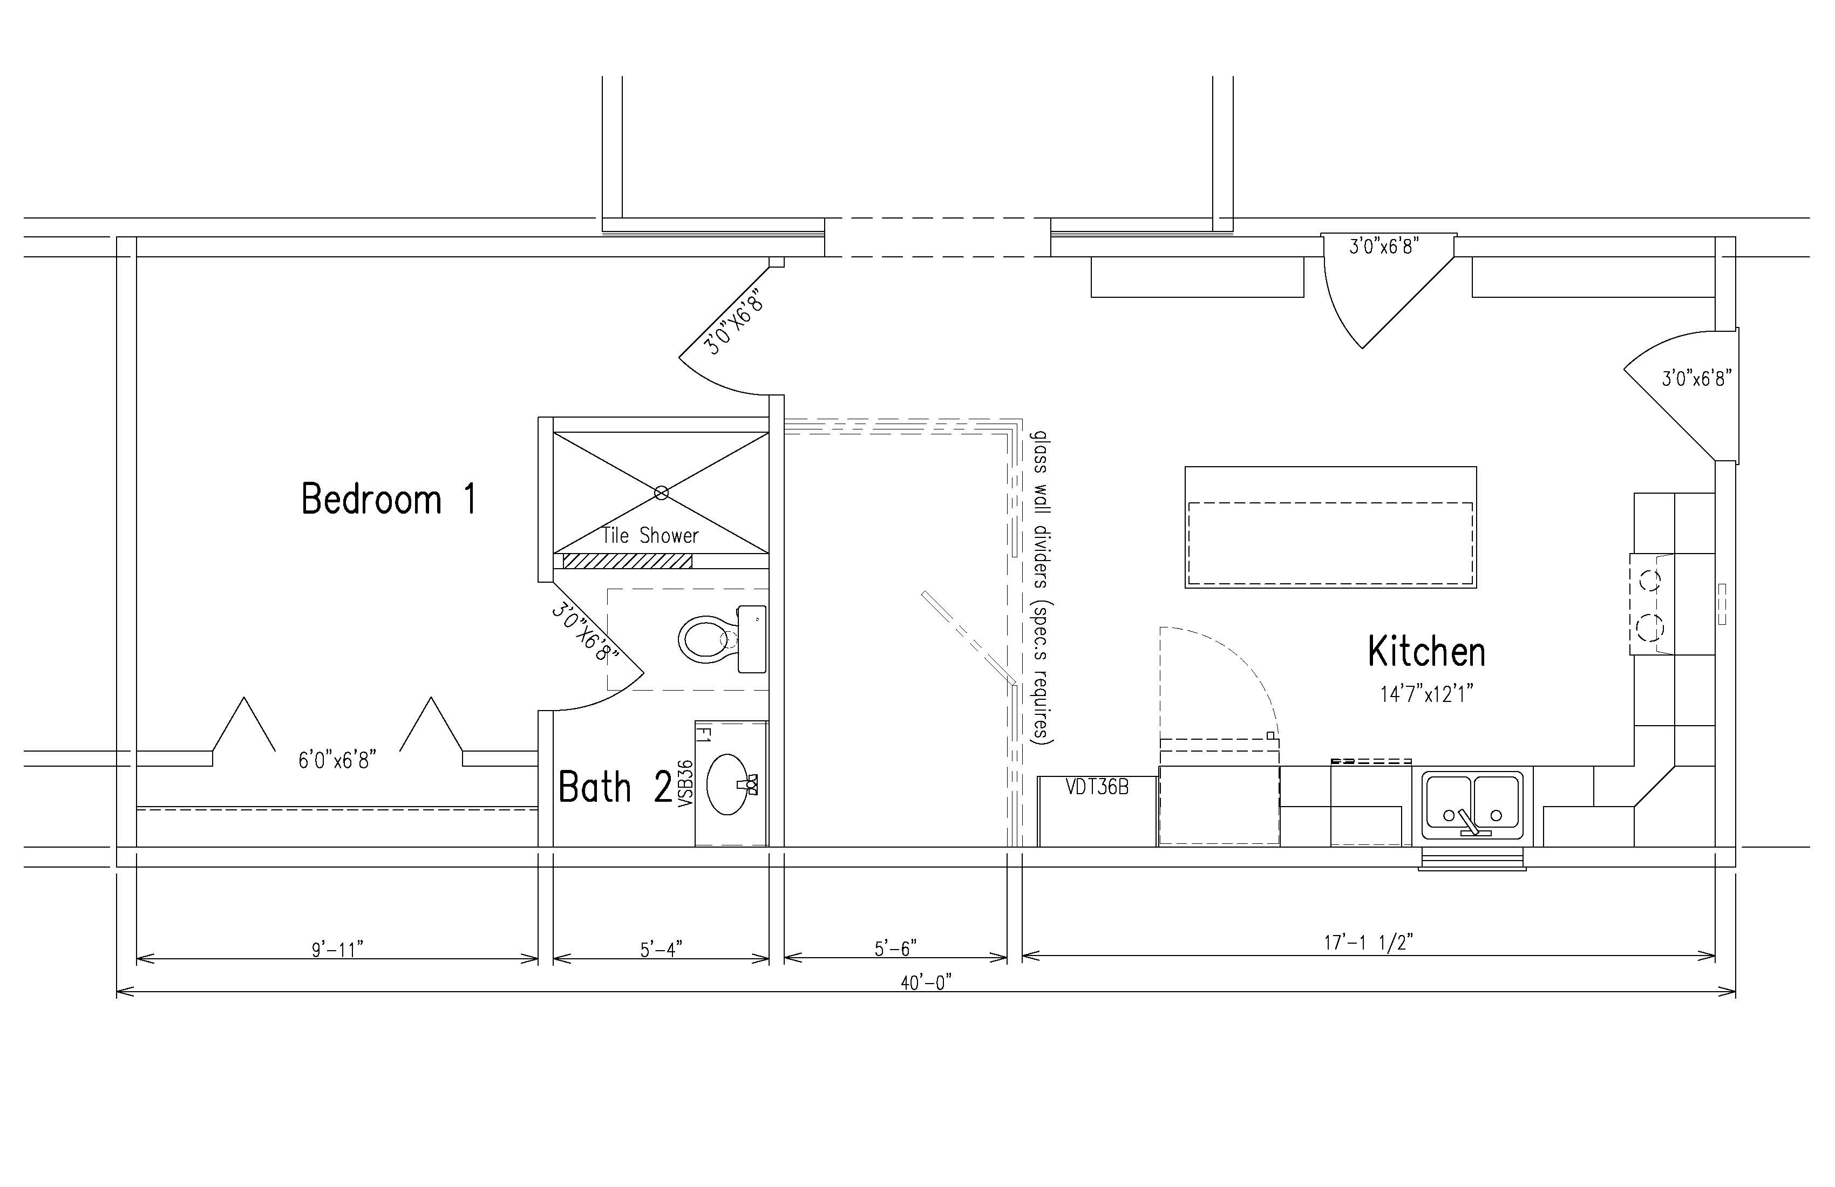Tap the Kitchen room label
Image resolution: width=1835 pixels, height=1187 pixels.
click(1426, 652)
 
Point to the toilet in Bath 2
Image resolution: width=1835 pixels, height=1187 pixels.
click(722, 639)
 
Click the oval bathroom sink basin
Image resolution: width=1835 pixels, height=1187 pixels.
click(726, 784)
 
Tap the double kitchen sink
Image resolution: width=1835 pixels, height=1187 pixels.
click(1473, 806)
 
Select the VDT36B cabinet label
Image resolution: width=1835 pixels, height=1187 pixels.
click(1097, 787)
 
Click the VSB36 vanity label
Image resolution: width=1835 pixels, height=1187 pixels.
click(685, 783)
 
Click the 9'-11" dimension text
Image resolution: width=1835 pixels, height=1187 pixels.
click(337, 950)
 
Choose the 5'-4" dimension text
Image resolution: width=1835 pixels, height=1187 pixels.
click(661, 950)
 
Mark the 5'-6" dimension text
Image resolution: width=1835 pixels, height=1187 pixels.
click(895, 948)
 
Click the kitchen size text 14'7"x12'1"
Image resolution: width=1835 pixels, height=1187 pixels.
click(1426, 694)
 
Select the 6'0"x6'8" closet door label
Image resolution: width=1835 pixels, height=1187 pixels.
click(337, 761)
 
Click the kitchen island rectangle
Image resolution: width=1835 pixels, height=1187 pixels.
click(1330, 527)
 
